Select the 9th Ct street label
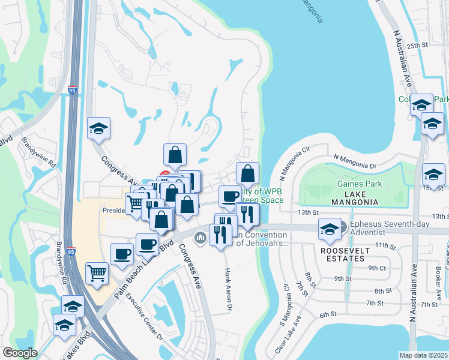377,268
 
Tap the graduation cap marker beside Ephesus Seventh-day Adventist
330,229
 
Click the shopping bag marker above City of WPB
247,174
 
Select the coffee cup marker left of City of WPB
229,196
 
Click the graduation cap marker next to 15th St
432,175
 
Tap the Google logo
20,353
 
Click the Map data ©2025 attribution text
423,355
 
